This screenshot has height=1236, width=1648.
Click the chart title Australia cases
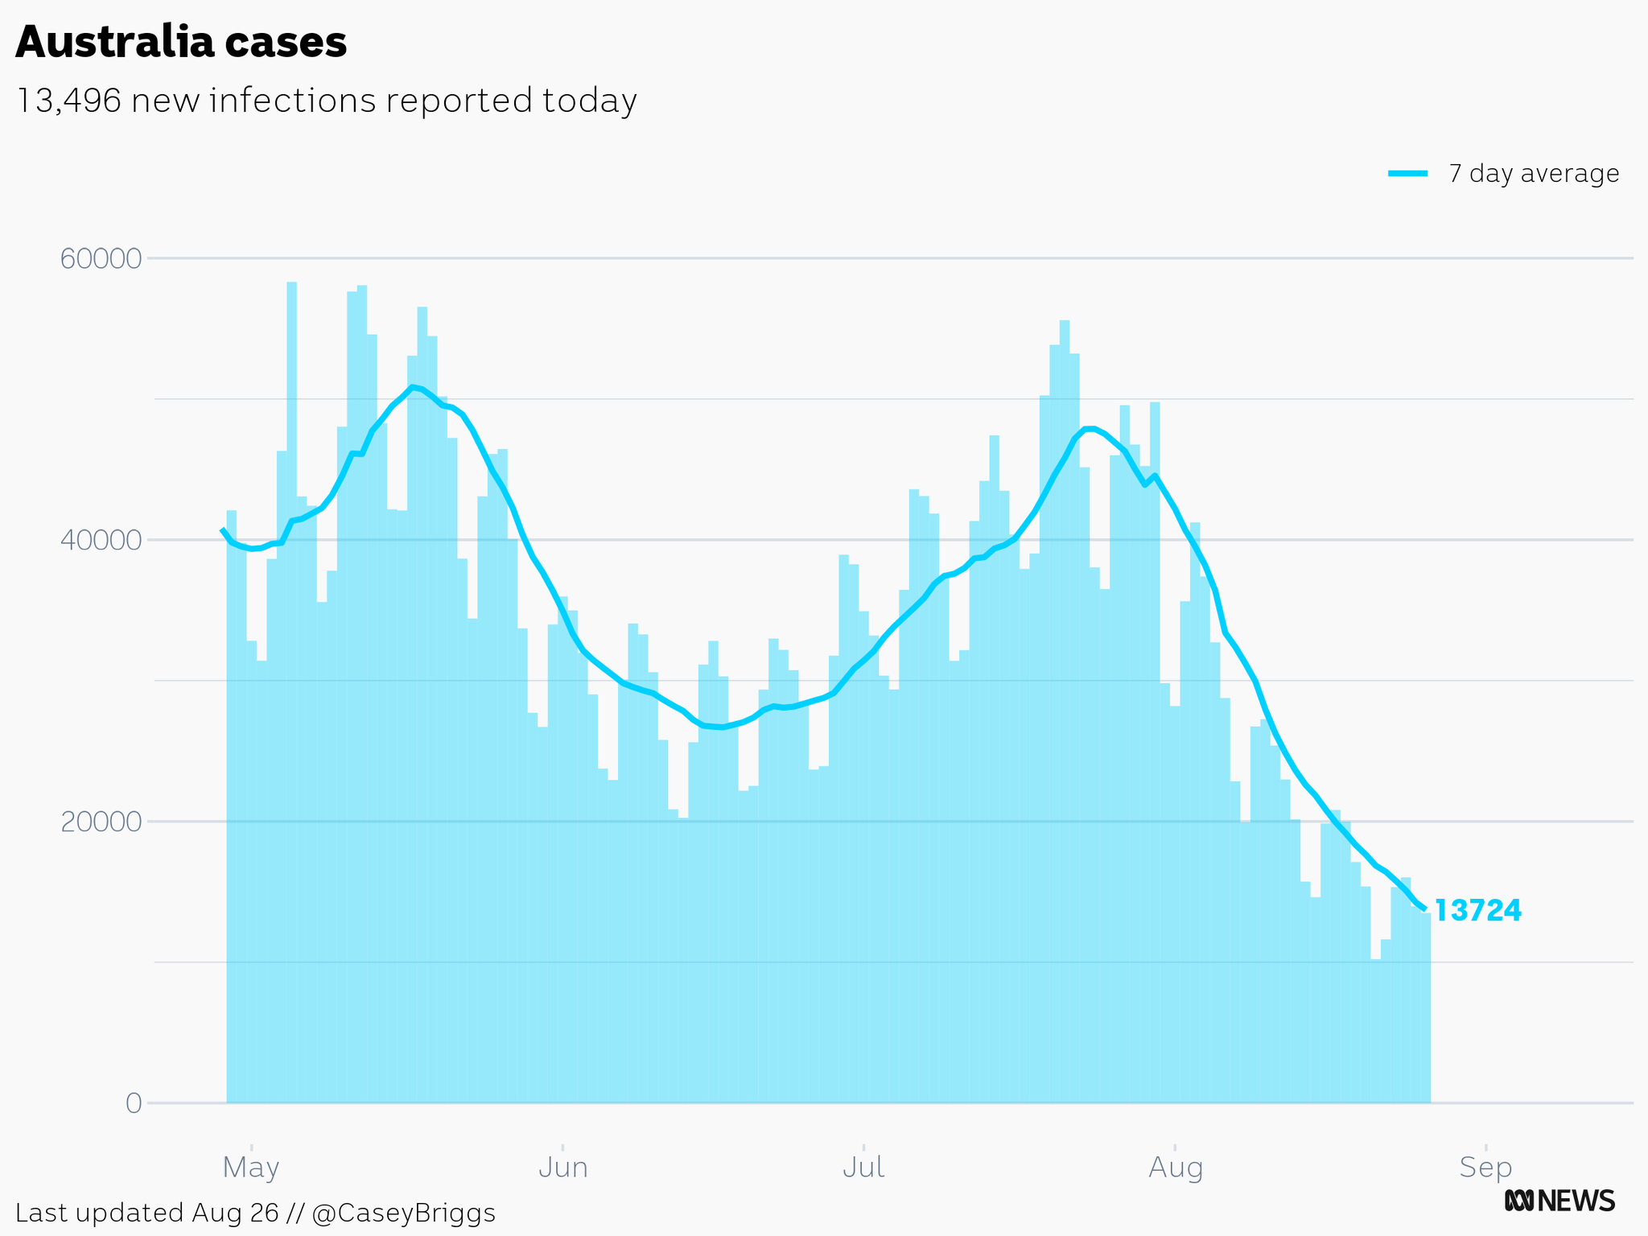click(x=181, y=42)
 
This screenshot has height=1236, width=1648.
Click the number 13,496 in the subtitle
click(x=68, y=101)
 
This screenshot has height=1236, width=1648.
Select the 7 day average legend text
click(x=1534, y=174)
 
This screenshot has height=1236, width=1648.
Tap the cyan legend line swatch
click(x=1408, y=174)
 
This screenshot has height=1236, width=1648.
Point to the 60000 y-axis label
click(x=101, y=259)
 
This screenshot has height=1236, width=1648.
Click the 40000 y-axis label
click(x=101, y=540)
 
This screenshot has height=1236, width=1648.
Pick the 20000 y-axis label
click(x=101, y=822)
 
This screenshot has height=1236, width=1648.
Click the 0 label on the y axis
click(x=134, y=1103)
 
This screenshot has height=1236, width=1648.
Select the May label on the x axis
click(x=251, y=1167)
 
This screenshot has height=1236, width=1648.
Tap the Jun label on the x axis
click(x=562, y=1167)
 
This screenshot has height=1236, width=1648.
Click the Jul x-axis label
click(x=863, y=1167)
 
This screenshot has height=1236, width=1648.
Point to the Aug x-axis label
click(x=1176, y=1167)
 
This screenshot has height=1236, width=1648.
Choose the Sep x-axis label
click(x=1485, y=1167)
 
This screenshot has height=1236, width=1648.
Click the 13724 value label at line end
click(x=1478, y=911)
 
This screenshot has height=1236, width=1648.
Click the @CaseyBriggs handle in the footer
click(x=403, y=1213)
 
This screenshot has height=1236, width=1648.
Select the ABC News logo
click(x=1559, y=1201)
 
